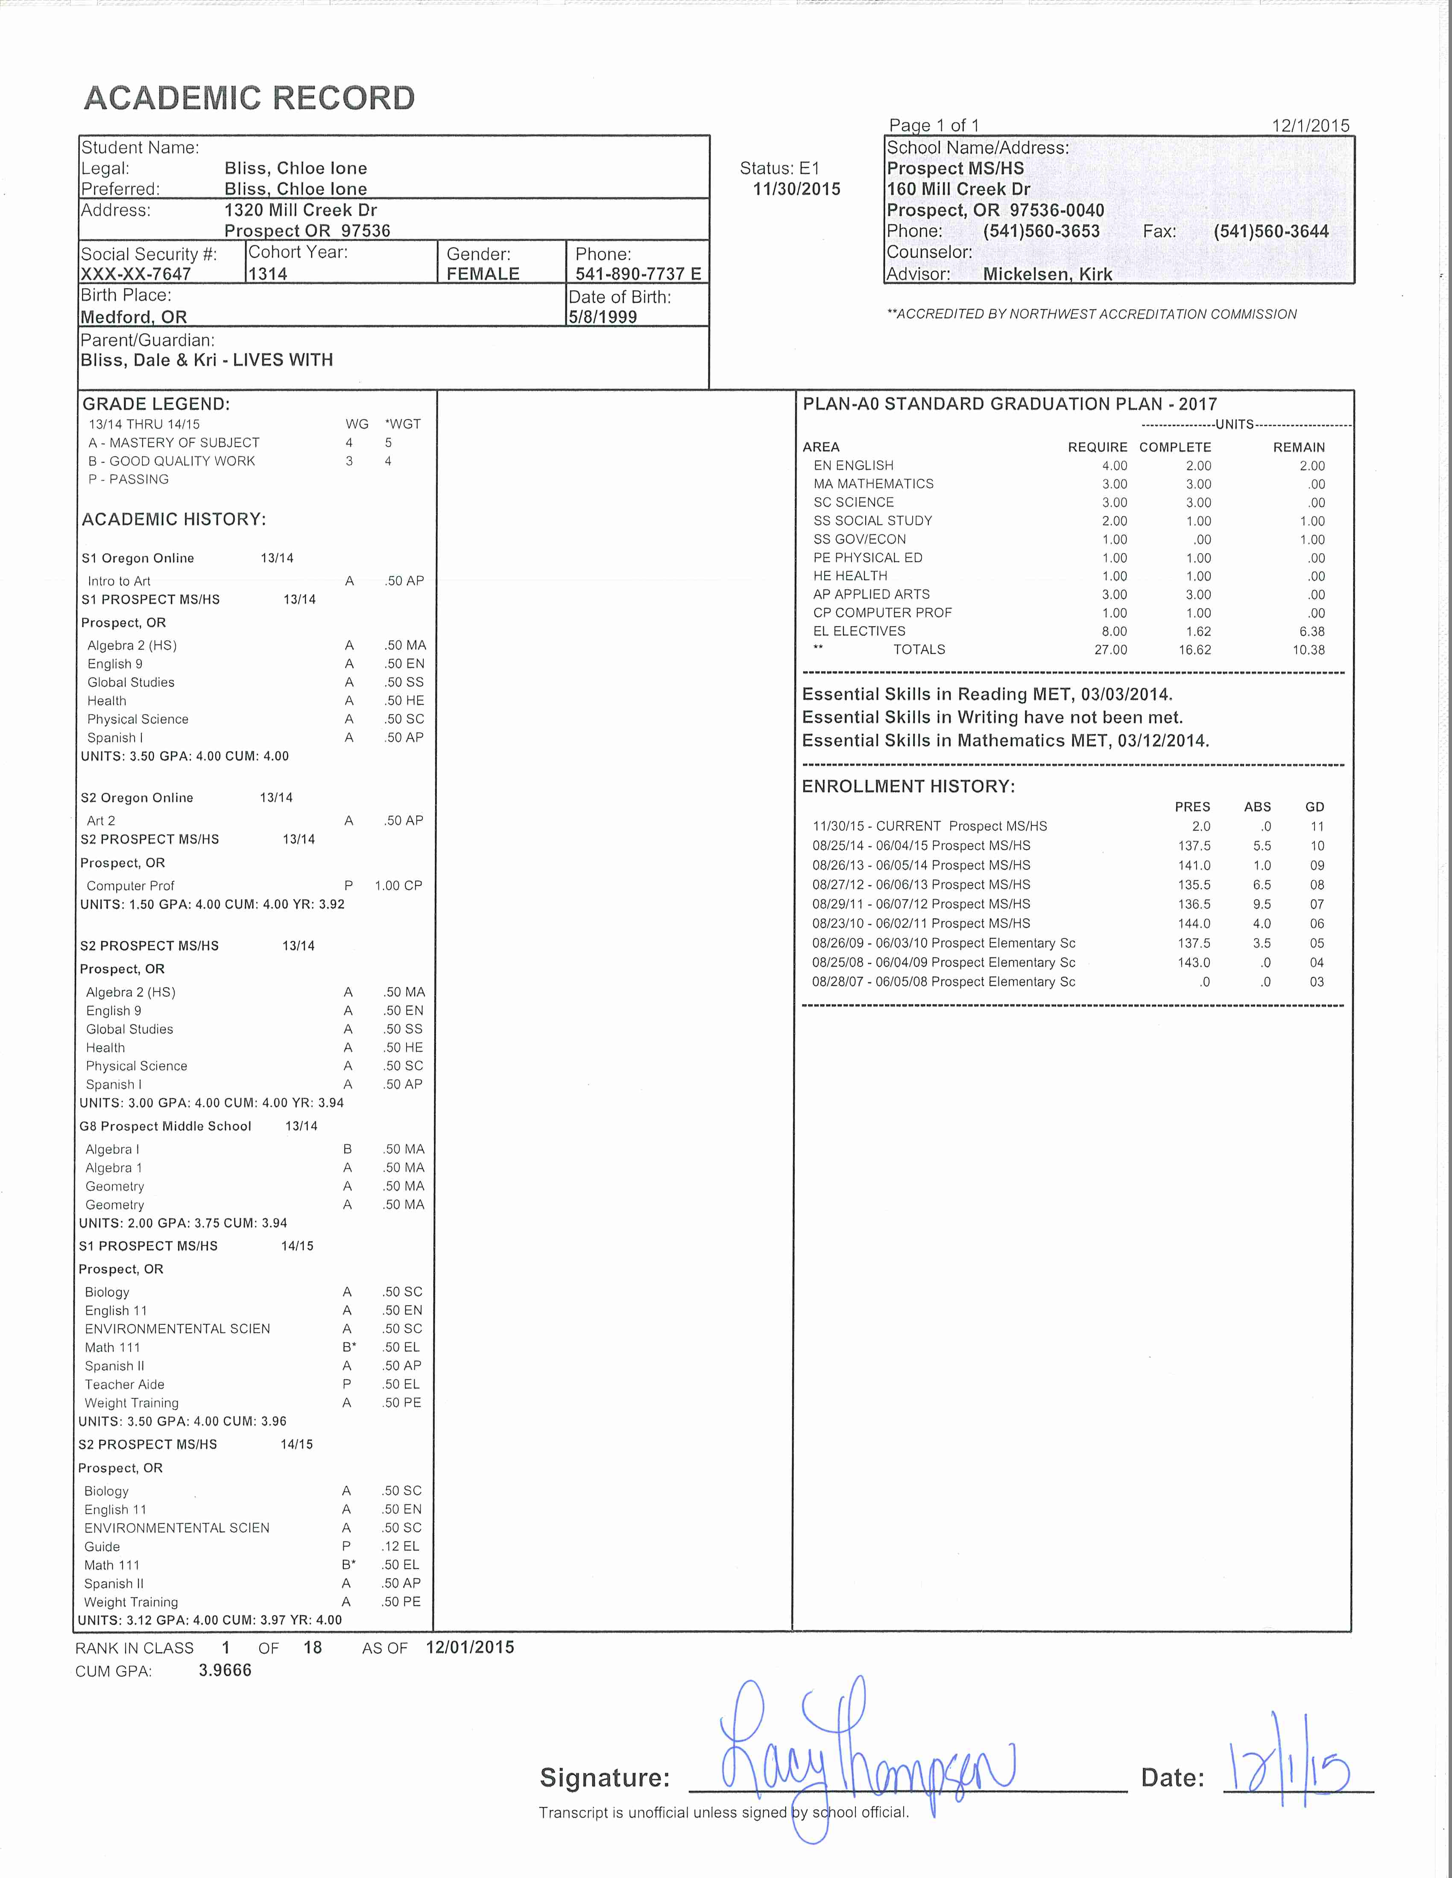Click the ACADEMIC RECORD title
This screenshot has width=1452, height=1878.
click(x=249, y=98)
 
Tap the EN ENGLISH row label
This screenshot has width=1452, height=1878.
click(x=853, y=465)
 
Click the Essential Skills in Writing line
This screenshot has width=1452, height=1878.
click(x=992, y=717)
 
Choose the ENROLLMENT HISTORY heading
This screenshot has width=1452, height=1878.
click(x=908, y=786)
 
